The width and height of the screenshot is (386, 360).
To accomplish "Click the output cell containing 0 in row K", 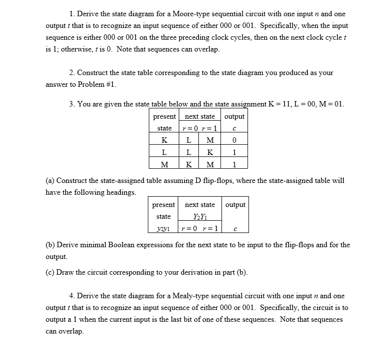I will coord(235,141).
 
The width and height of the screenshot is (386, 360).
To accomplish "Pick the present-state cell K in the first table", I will coord(164,141).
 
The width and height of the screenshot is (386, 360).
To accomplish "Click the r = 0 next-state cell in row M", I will coord(189,164).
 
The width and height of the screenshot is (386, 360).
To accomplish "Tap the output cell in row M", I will coord(235,164).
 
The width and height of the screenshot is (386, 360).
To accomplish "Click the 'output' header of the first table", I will coord(235,117).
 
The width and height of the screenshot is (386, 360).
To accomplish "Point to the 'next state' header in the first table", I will coord(199,117).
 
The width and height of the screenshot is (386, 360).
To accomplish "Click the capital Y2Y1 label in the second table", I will coord(199,217).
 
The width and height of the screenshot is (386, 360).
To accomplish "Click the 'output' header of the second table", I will coord(235,205).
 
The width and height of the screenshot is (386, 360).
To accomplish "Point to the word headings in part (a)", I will coord(119,192).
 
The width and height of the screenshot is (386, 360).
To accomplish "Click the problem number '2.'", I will coord(73,73).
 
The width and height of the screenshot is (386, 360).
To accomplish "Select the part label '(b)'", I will coord(51,244).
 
